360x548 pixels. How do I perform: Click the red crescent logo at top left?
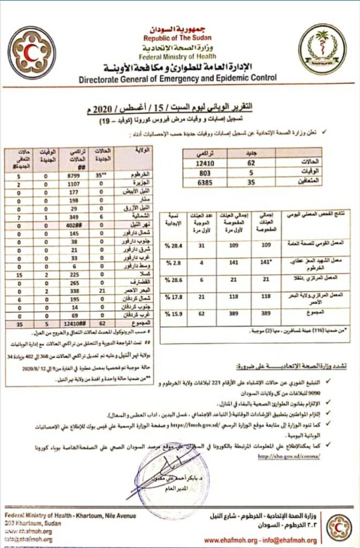click(32, 51)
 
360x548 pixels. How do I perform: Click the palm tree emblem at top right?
click(322, 49)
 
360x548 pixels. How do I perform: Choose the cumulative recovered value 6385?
click(206, 181)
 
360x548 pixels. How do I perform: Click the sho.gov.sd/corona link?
click(289, 456)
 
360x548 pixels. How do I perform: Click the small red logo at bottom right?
click(339, 527)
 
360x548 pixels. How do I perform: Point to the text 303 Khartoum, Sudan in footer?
click(32, 523)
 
